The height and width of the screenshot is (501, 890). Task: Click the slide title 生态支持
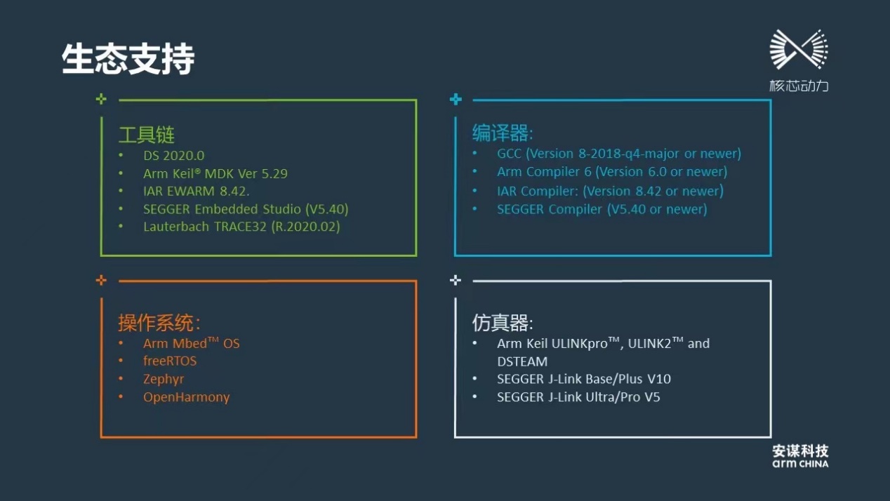click(128, 59)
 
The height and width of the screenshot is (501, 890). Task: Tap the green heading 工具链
click(147, 135)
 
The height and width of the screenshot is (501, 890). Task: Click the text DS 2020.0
click(173, 155)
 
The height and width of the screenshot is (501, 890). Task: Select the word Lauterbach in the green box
click(176, 227)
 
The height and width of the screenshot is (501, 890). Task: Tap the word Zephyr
click(164, 379)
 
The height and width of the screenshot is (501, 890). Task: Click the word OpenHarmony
click(186, 397)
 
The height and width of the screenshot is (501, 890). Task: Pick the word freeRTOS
click(170, 361)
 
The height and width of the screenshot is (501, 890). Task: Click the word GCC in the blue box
click(509, 154)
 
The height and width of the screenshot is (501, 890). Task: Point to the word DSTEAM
click(522, 361)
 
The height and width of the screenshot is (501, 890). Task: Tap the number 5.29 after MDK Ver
click(274, 173)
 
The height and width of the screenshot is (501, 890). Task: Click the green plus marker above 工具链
click(101, 99)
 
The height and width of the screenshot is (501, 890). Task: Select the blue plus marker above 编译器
click(456, 99)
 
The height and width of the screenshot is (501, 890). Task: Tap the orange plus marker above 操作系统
click(101, 280)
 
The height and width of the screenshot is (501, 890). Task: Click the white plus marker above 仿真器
click(456, 280)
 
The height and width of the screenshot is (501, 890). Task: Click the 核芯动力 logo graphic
click(799, 50)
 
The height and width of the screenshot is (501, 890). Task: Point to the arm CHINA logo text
click(800, 464)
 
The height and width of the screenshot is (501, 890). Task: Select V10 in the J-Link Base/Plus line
click(659, 379)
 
